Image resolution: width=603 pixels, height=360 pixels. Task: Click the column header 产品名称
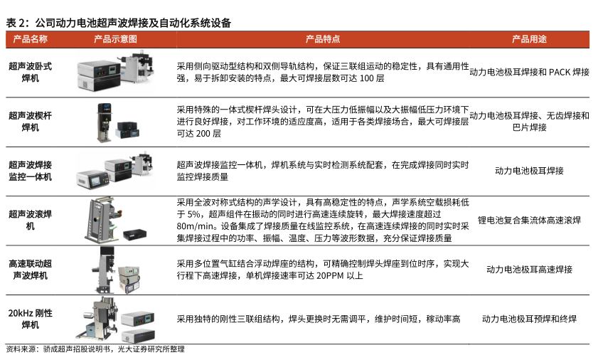click(31, 39)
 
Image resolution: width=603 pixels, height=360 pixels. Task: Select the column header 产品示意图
click(115, 39)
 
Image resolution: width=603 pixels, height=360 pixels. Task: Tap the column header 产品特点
click(323, 39)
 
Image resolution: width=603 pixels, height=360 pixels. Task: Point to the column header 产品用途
click(529, 39)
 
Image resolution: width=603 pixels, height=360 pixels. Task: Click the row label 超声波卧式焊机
click(31, 72)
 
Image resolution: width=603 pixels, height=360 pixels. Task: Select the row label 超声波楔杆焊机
click(31, 121)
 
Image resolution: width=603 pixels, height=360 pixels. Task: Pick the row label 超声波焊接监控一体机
click(31, 171)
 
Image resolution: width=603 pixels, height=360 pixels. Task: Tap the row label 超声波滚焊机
click(31, 220)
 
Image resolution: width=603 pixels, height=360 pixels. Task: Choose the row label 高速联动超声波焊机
click(31, 270)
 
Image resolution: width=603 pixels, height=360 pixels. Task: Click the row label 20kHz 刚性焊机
click(31, 319)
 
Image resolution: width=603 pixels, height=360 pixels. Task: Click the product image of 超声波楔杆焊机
click(118, 122)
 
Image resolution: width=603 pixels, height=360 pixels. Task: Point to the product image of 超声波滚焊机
click(115, 221)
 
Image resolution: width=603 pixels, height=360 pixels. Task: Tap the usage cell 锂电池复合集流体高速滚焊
click(529, 221)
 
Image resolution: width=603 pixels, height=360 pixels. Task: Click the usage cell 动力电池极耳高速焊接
click(529, 270)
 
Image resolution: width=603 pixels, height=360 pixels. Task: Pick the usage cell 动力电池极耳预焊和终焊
click(529, 319)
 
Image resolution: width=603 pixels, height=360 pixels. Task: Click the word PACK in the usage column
click(559, 73)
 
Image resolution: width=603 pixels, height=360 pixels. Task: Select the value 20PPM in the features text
click(329, 276)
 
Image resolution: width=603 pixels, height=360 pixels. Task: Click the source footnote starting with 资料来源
click(95, 349)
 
